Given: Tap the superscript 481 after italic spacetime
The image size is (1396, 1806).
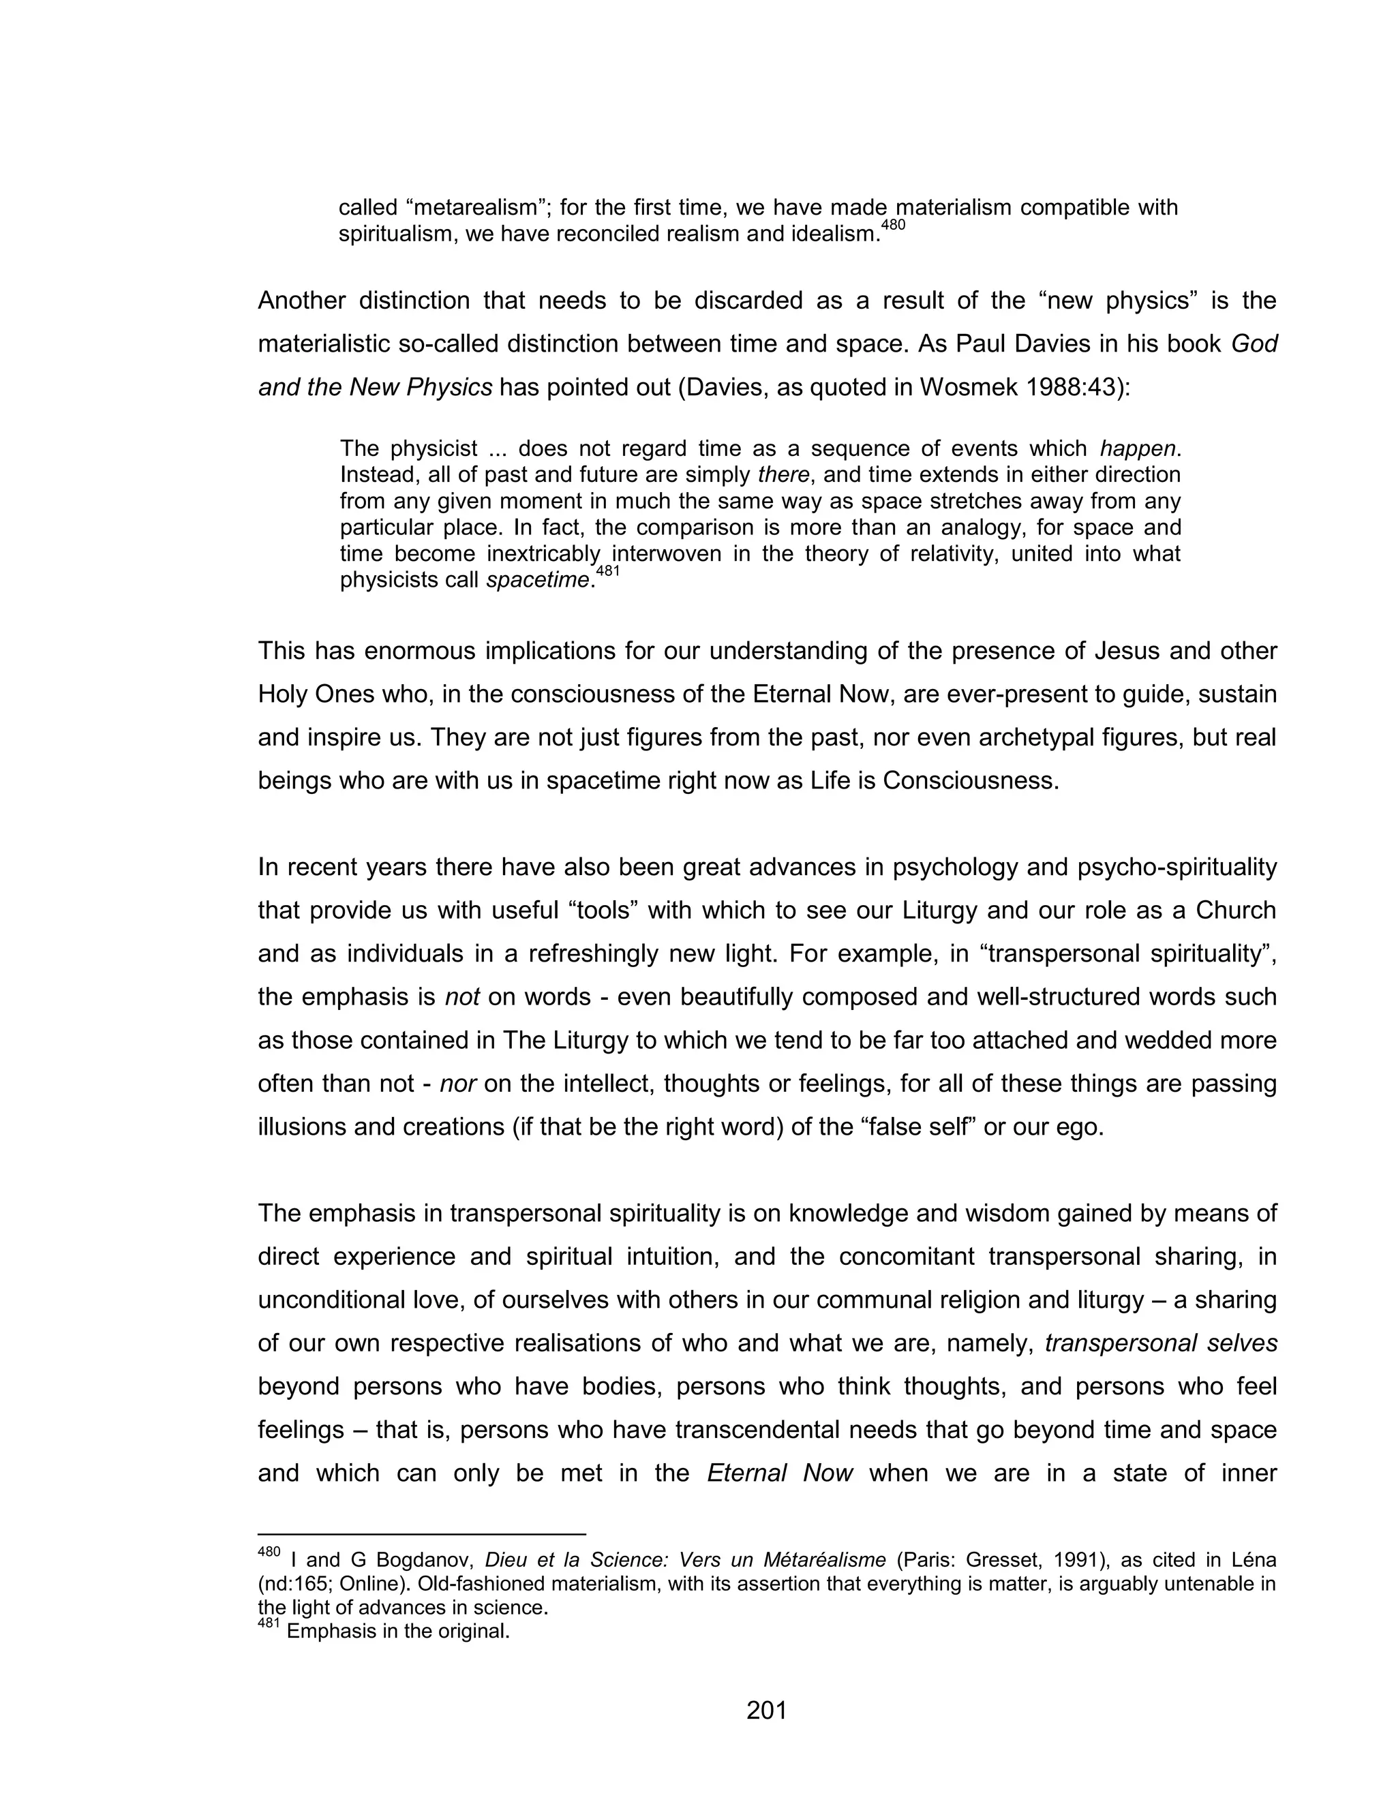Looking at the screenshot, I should point(607,571).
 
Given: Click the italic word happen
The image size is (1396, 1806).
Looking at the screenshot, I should point(1137,448).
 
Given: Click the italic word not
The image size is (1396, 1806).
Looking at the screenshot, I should point(462,996).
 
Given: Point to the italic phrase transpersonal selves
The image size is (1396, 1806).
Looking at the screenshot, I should point(1161,1342).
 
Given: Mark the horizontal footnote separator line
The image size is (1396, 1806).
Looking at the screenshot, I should point(422,1534).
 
